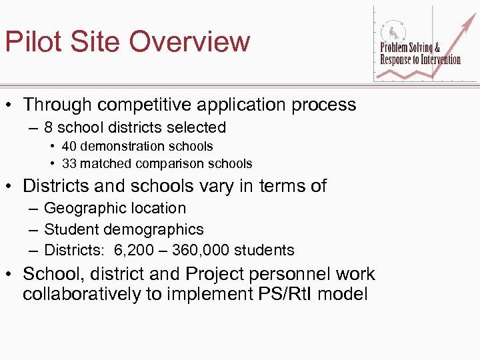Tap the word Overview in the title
[x=189, y=41]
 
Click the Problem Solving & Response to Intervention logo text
[x=420, y=54]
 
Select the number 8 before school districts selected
[x=49, y=127]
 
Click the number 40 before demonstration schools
[x=69, y=146]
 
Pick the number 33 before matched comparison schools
[x=69, y=163]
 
